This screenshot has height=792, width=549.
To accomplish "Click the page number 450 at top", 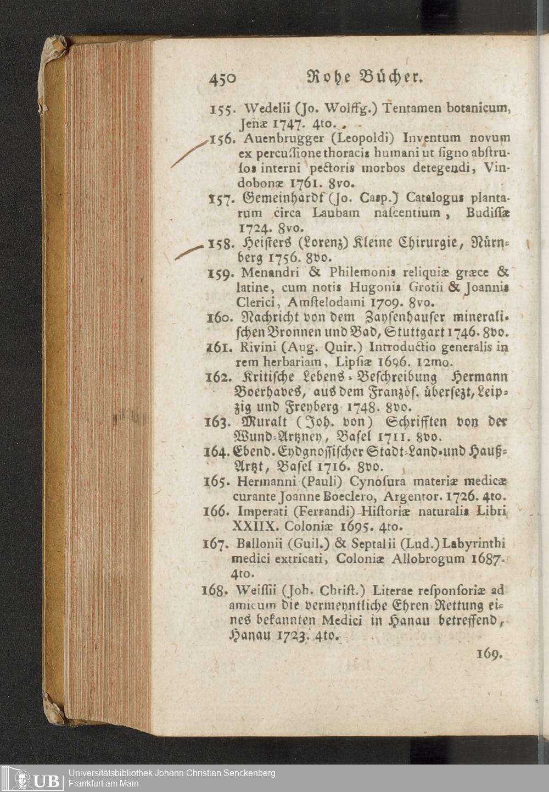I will click(222, 79).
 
